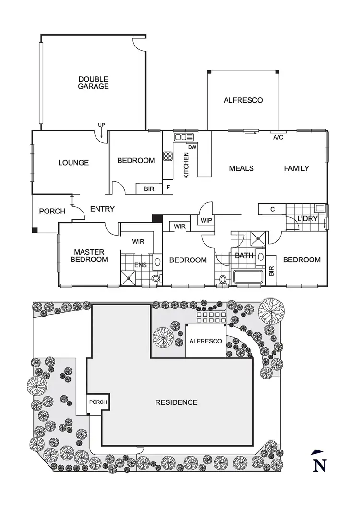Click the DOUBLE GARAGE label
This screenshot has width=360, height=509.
[x=94, y=83]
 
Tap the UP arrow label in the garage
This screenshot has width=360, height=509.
[x=101, y=125]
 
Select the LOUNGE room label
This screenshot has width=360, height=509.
[x=73, y=163]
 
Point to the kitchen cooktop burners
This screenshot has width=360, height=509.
[x=168, y=156]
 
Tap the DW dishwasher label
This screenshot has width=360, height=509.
[x=192, y=147]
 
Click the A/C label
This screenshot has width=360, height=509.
[x=278, y=137]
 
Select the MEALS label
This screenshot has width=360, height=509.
[x=241, y=168]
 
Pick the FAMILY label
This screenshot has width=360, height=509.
[x=296, y=168]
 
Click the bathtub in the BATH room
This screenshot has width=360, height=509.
[x=248, y=277]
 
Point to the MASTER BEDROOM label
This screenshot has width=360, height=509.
[x=90, y=256]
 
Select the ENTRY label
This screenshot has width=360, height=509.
[x=102, y=209]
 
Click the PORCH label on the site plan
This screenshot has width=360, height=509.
[x=97, y=402]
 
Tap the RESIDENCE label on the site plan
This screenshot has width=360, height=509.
[x=176, y=402]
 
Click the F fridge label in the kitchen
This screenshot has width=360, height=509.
[x=168, y=188]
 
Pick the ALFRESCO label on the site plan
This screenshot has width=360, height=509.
[x=205, y=341]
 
